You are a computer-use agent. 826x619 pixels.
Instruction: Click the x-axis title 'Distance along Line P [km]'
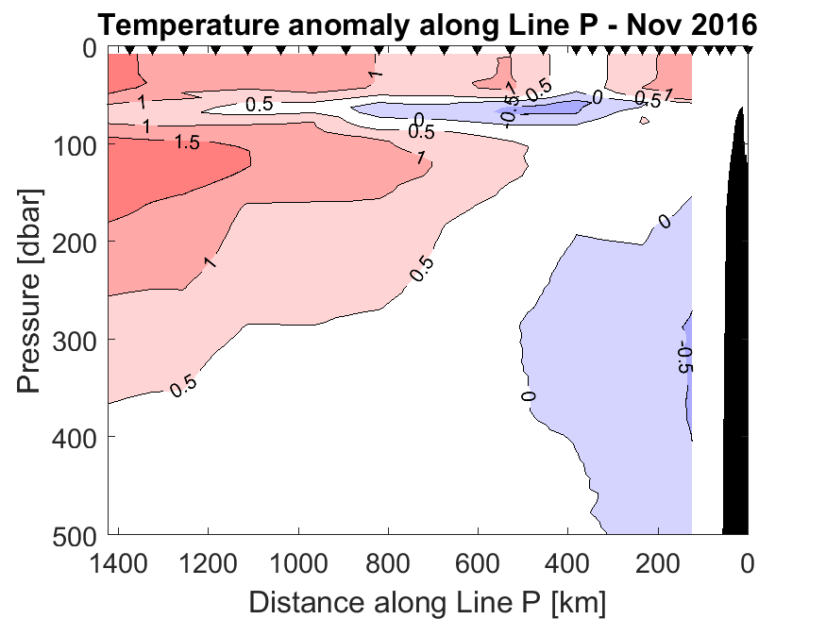[x=428, y=601]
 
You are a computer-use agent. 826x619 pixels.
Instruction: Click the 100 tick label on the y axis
[x=74, y=145]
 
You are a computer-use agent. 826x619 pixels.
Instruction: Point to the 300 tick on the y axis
[x=74, y=339]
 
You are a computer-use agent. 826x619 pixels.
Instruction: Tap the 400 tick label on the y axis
[x=74, y=437]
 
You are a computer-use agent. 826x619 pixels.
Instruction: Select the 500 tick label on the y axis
[x=74, y=534]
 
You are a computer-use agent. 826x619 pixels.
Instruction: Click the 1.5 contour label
[x=188, y=142]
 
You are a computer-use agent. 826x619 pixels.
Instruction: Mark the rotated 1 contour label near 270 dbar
[x=210, y=261]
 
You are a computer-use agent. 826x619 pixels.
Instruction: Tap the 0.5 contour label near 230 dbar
[x=422, y=269]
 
